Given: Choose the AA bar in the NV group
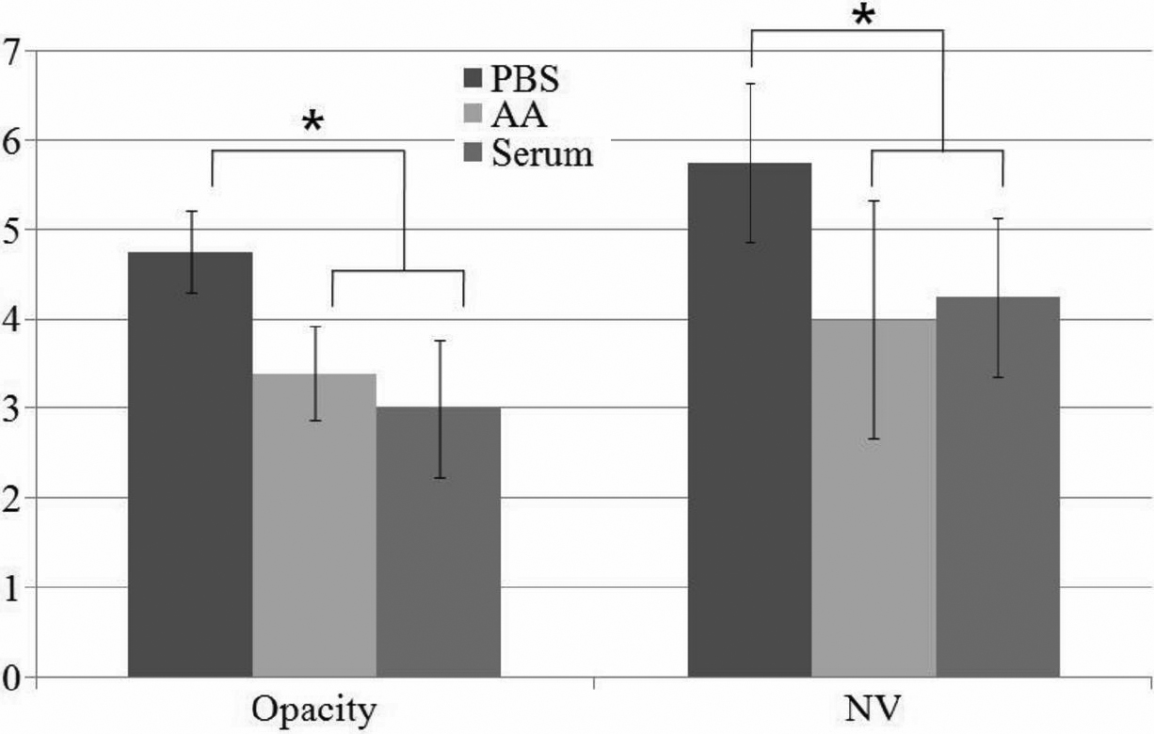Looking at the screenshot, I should pos(874,498).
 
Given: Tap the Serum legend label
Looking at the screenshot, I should pos(543,153).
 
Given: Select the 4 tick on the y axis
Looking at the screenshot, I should pos(11,319).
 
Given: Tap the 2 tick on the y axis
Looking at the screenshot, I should pos(11,498).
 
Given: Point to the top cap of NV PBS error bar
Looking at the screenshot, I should pos(750,84).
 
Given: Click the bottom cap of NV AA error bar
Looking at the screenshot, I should pos(874,439).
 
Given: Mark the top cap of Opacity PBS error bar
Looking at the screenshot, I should pos(190,212).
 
